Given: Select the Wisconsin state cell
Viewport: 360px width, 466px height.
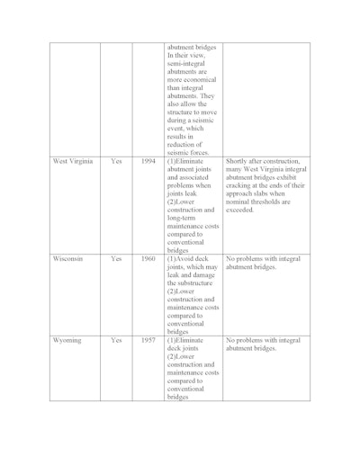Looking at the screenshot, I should coord(68,258).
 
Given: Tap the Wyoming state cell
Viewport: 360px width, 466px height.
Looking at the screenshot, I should coord(67,341).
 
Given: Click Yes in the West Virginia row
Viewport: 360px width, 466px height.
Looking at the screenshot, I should coord(116,162).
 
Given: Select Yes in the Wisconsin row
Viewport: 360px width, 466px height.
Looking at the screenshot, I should coord(116,258).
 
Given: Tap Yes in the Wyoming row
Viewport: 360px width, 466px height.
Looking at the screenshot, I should coord(116,341).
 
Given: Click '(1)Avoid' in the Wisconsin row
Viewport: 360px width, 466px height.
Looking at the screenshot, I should coord(185,258).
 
